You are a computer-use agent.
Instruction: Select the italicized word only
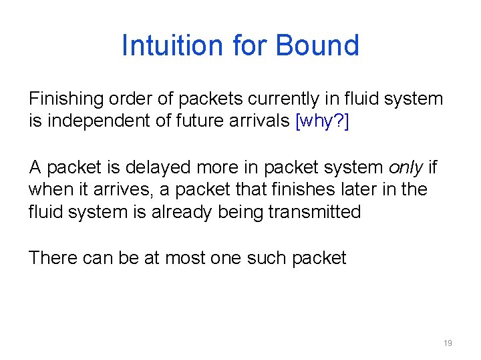pos(408,167)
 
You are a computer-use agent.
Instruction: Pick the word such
pos(270,258)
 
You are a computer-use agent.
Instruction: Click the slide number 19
pos(448,343)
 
